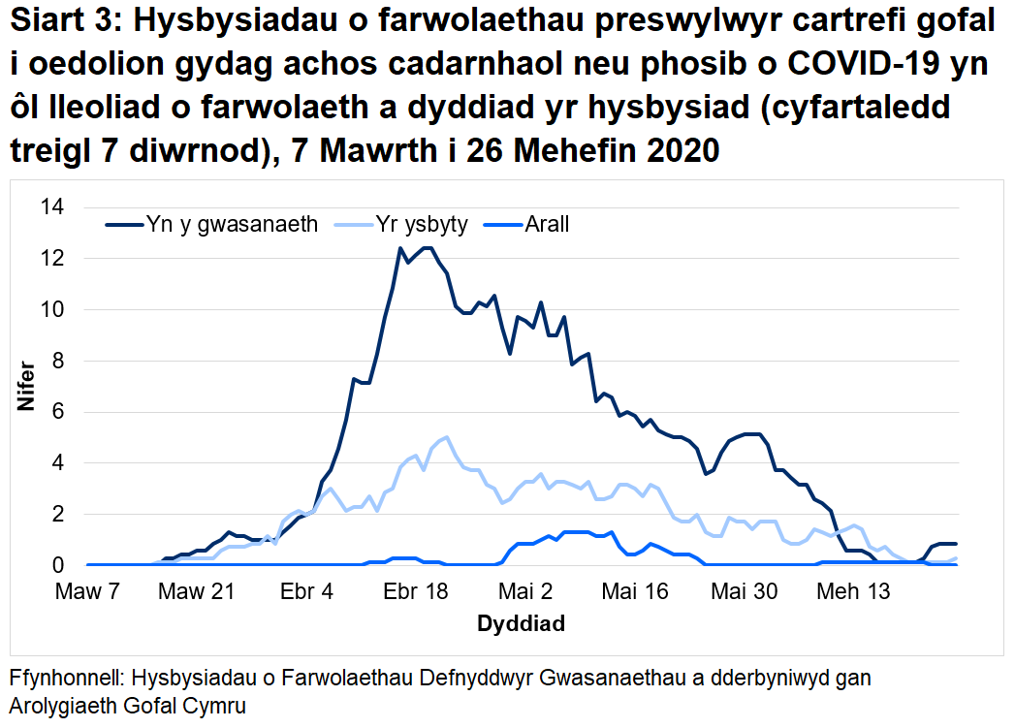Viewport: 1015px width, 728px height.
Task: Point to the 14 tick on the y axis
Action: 52,207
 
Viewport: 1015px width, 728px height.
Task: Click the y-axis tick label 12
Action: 52,259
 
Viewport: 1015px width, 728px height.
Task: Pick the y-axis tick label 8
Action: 58,361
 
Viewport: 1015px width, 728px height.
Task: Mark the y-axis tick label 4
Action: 58,463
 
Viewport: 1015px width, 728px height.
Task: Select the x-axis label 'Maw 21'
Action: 197,591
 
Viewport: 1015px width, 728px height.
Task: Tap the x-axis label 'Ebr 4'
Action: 306,591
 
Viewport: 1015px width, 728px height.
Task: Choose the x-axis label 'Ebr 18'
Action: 415,591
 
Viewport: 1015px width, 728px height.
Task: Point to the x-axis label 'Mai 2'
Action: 524,591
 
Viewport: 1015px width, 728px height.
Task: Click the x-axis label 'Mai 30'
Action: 744,591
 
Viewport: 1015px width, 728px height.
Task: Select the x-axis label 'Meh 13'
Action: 853,591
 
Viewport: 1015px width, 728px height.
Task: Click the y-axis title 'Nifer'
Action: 26,386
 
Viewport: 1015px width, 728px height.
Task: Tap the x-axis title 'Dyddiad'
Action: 521,623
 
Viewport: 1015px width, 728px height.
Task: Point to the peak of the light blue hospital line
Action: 446,437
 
